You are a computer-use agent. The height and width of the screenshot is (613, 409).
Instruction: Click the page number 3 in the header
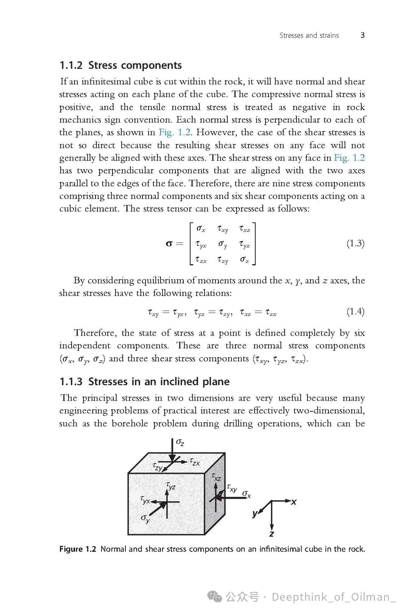362,35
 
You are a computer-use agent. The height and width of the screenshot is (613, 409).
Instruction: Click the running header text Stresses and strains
309,36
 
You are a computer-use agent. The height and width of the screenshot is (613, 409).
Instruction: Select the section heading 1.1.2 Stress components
121,65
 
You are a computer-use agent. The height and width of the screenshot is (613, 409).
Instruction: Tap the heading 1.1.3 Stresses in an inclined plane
145,381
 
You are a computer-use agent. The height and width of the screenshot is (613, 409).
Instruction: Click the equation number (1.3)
355,243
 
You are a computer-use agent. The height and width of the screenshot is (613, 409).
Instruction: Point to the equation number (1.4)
355,311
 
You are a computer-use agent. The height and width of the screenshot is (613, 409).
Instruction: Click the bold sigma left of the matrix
169,244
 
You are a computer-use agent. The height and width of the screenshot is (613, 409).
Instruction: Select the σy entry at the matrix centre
223,244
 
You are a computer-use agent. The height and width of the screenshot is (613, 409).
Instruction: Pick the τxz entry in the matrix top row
245,229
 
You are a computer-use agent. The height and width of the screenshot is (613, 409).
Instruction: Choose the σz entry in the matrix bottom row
245,260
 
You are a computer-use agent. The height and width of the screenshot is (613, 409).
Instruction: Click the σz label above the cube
180,442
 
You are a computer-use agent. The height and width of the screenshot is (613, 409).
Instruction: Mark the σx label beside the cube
247,494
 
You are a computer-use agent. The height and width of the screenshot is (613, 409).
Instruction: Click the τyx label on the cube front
145,500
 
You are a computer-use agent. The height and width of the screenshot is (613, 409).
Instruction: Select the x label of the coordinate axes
294,502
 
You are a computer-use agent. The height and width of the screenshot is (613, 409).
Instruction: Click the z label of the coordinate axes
272,534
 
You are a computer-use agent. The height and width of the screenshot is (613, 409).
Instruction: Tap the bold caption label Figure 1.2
78,549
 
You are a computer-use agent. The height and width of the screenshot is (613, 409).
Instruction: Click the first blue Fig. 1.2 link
175,132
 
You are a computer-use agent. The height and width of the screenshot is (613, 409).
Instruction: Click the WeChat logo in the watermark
215,597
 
